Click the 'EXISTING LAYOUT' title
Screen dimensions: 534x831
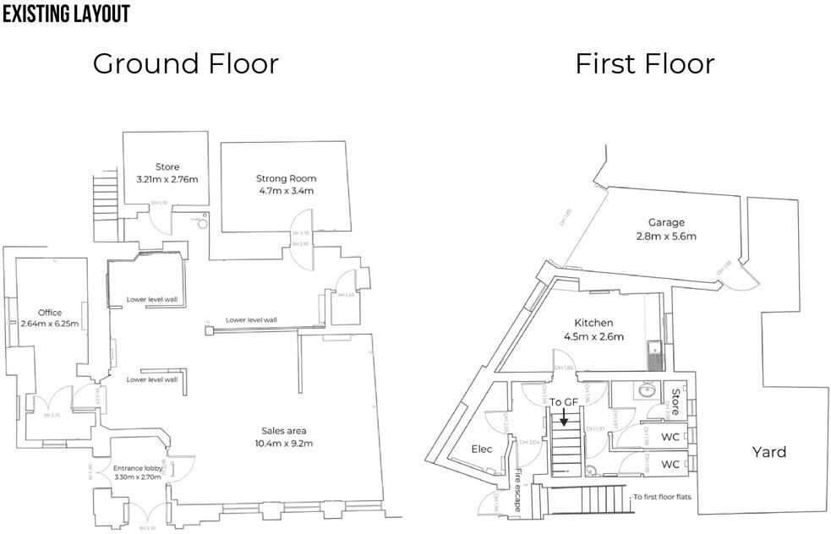click(x=66, y=14)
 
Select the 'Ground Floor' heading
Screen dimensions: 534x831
click(x=185, y=64)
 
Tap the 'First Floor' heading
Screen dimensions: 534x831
click(x=644, y=64)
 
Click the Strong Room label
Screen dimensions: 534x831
click(x=286, y=178)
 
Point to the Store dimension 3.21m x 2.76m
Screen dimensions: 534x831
click(x=167, y=179)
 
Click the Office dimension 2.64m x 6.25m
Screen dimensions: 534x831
click(x=50, y=324)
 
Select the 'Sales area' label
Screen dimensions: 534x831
click(x=283, y=430)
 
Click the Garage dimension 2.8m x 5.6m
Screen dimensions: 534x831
click(x=666, y=237)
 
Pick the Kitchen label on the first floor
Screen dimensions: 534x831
click(x=593, y=323)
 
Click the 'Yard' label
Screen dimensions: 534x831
click(x=768, y=452)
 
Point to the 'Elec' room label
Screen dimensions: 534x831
click(x=482, y=450)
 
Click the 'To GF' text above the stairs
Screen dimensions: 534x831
click(x=564, y=401)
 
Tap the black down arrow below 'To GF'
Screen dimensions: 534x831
click(x=564, y=416)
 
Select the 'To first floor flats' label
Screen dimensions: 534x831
click(x=662, y=497)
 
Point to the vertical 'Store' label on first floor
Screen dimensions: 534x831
click(x=675, y=401)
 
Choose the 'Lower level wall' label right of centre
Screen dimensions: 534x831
click(x=251, y=320)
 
